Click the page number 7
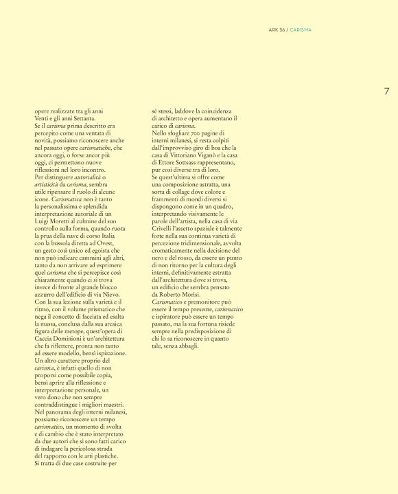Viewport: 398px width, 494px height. [386, 91]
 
